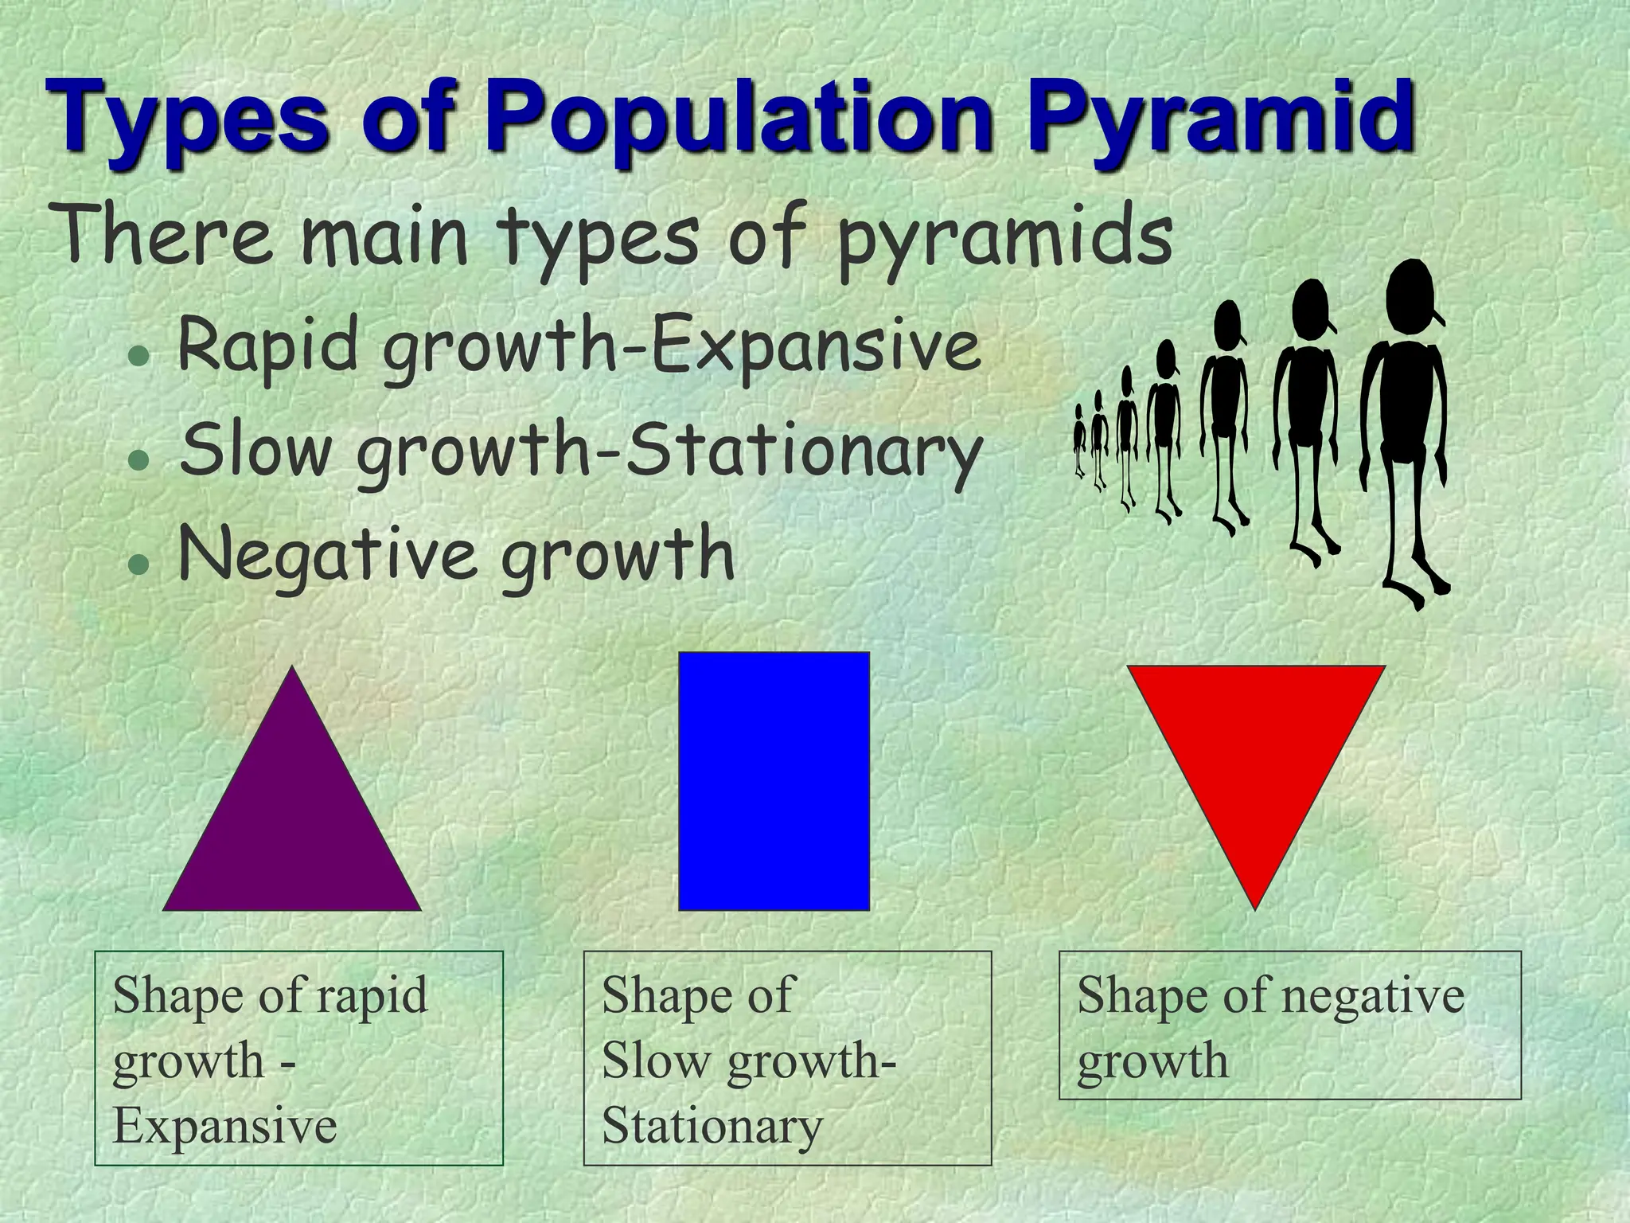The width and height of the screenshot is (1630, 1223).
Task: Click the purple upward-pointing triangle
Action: point(292,820)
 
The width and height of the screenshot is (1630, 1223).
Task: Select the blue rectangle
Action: point(774,781)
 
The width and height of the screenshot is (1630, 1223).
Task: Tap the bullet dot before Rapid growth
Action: point(139,356)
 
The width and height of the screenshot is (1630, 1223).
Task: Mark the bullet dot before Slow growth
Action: point(139,460)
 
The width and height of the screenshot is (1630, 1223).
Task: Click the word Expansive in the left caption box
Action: point(225,1126)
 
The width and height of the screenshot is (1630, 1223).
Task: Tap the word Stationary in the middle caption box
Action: point(712,1126)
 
